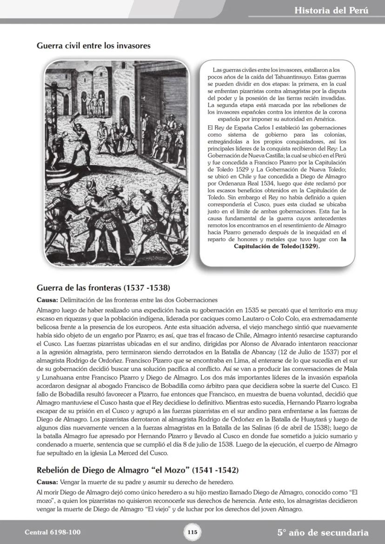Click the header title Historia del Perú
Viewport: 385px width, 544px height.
click(x=331, y=10)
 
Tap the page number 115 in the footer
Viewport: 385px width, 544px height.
click(x=192, y=532)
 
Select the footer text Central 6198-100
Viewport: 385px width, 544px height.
click(x=53, y=532)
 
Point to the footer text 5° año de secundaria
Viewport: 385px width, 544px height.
click(x=323, y=532)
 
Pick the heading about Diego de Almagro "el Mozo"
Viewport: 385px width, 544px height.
click(x=137, y=471)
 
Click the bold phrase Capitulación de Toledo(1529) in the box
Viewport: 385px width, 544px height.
click(x=277, y=247)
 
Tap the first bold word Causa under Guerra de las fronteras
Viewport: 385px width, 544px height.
click(x=46, y=300)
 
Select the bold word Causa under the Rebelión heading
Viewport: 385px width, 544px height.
click(x=46, y=482)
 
